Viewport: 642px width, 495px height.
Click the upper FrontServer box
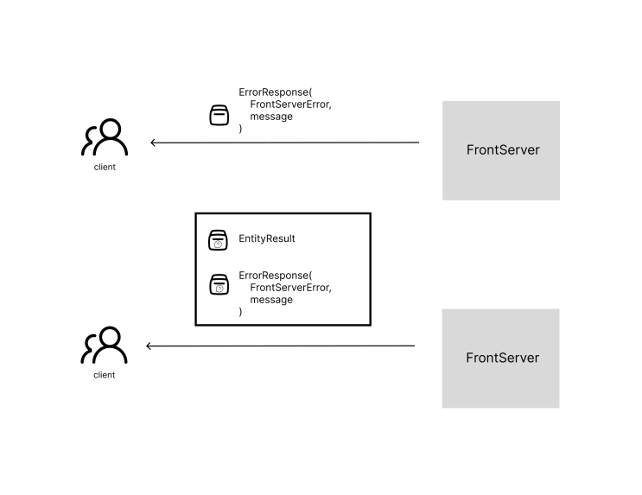[501, 150]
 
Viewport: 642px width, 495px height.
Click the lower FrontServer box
[500, 359]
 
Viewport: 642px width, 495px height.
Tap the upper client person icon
[105, 137]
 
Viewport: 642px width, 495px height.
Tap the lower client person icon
[104, 345]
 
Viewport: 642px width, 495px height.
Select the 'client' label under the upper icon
[105, 167]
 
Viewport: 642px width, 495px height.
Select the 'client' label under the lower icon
[104, 375]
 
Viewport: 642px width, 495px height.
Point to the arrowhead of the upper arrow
[151, 143]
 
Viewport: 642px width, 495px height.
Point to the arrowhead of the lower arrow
[147, 346]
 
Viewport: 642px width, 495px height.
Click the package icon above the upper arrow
[219, 115]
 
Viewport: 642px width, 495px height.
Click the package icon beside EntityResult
[218, 240]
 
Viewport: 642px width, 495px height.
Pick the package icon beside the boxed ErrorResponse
[219, 284]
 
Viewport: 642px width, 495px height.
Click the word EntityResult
[266, 238]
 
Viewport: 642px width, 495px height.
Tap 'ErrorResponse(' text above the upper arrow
[275, 92]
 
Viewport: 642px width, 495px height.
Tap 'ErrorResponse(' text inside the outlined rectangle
[275, 275]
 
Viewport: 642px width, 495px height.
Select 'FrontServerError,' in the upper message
[290, 105]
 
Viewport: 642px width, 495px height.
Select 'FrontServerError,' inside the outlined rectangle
[290, 288]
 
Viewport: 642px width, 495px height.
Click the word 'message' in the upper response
[271, 117]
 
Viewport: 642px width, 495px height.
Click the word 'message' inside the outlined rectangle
[271, 300]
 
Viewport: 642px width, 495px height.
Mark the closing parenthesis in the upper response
[240, 129]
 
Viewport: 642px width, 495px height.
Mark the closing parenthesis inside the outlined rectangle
[240, 312]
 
